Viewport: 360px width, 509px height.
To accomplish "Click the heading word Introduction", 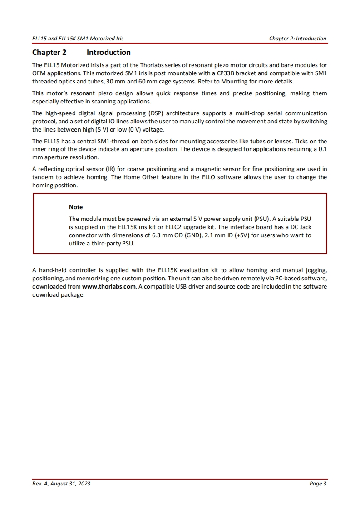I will coord(108,52).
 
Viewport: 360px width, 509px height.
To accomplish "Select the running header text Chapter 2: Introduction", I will coord(297,39).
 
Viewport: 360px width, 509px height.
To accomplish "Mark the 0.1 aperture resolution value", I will coord(323,149).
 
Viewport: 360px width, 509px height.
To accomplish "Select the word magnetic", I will coord(225,169).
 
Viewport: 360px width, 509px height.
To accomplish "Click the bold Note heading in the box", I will coord(76,207).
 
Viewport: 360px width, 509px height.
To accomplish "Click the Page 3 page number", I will coord(318,484).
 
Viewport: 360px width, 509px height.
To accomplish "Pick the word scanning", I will coord(91,101).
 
